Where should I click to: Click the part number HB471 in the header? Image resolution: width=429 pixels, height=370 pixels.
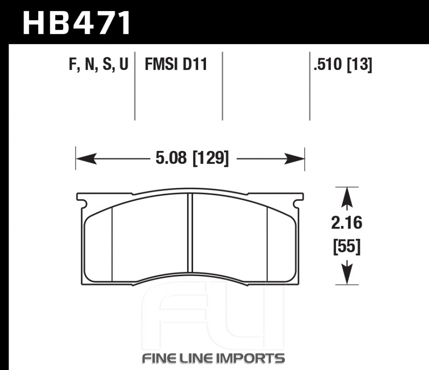[x=77, y=23]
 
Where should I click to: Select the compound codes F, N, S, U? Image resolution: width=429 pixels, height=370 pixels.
[x=99, y=65]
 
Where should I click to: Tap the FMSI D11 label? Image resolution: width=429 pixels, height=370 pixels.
[x=176, y=65]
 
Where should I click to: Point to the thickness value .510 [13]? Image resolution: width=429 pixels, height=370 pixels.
[x=343, y=65]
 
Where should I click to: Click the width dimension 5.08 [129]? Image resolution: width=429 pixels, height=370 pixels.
[x=192, y=158]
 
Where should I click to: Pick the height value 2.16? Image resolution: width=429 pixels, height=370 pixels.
[x=347, y=223]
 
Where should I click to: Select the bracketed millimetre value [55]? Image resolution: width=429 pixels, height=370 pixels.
[x=347, y=247]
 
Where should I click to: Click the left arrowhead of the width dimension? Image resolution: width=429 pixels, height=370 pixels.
[x=86, y=159]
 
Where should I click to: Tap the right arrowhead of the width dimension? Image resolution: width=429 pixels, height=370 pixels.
[x=294, y=159]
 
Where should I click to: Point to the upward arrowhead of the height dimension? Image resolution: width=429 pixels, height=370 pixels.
[x=347, y=198]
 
